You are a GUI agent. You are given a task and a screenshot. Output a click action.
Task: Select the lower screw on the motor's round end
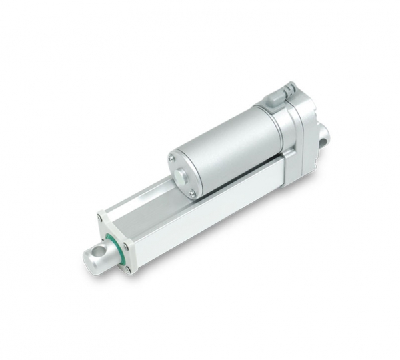pyautogui.click(x=191, y=193)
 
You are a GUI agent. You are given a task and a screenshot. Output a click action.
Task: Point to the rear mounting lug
pyautogui.click(x=322, y=137)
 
